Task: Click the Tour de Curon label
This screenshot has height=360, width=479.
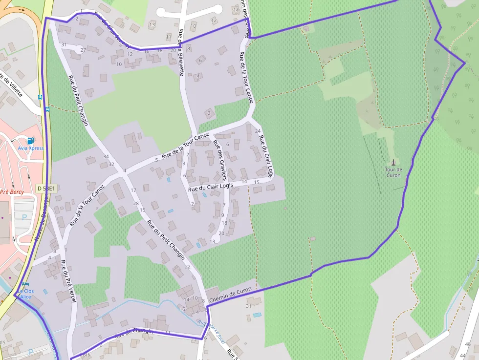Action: (x=393, y=172)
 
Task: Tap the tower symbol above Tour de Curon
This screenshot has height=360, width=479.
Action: (x=393, y=162)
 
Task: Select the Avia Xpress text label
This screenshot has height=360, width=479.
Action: (x=31, y=148)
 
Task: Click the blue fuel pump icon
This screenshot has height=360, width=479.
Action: (x=31, y=140)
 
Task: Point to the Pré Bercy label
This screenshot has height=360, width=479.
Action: (x=12, y=192)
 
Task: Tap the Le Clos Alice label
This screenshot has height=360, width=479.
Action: (x=25, y=294)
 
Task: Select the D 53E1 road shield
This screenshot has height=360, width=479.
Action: (x=47, y=188)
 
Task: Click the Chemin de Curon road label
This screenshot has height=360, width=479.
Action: (x=230, y=294)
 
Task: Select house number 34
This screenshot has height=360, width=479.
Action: (x=106, y=156)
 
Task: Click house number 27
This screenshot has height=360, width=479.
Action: (x=83, y=50)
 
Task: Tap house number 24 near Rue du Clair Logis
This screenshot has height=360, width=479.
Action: (x=258, y=131)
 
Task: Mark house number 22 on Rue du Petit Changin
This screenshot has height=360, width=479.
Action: (x=188, y=266)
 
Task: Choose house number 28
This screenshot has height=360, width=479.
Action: (x=136, y=203)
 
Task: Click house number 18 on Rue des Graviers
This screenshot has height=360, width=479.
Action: (x=225, y=223)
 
